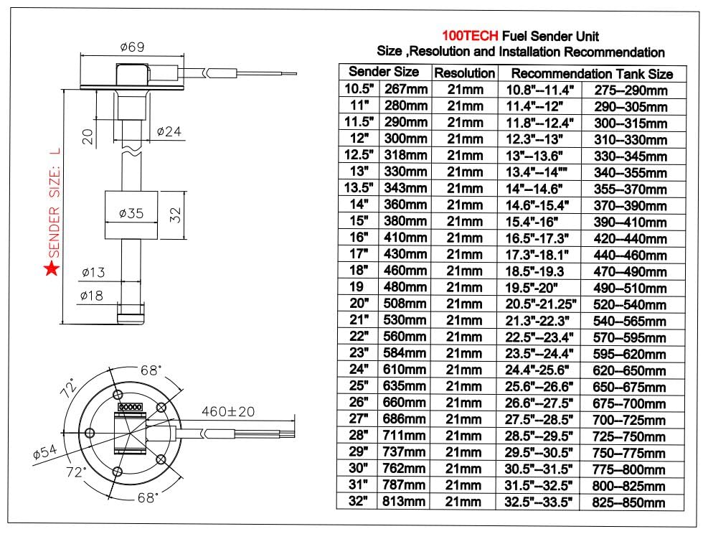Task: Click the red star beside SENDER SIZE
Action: click(x=52, y=269)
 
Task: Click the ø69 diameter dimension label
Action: click(x=133, y=47)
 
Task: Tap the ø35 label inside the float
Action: click(x=132, y=214)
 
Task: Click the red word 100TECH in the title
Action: click(x=471, y=36)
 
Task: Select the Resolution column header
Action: click(x=465, y=73)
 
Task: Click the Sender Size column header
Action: click(x=384, y=72)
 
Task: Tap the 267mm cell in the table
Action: click(x=406, y=90)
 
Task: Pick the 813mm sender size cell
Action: click(x=406, y=502)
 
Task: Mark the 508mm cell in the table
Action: click(x=406, y=304)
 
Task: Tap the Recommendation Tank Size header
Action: click(x=592, y=73)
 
